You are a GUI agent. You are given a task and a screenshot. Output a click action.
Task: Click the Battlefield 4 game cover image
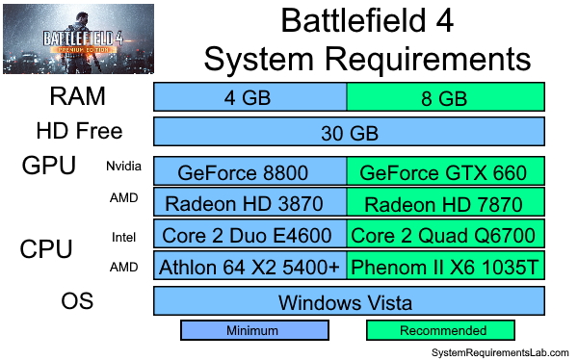point(77,39)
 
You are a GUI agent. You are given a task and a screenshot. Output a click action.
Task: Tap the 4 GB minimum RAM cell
point(250,97)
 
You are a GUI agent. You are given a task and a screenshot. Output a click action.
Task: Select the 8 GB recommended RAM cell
point(445,97)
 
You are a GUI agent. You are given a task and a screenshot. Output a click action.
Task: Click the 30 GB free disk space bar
point(349,132)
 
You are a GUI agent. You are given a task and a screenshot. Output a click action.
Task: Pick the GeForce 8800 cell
point(250,172)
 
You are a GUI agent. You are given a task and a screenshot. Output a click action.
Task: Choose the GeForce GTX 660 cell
point(445,172)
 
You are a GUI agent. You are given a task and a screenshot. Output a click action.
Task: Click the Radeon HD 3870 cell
point(250,203)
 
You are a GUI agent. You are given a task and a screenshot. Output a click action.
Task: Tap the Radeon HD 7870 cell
point(445,203)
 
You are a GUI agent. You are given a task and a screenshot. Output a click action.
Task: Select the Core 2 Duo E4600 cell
point(250,235)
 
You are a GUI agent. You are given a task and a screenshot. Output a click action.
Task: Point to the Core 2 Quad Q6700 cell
point(445,235)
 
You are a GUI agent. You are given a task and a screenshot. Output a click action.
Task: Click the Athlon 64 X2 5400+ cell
point(250,266)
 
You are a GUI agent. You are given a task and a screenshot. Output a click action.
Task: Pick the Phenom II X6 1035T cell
point(445,266)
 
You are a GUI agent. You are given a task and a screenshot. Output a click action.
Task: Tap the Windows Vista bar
point(349,301)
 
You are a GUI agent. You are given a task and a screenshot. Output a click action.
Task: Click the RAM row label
point(77,97)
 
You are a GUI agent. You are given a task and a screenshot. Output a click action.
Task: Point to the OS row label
point(77,300)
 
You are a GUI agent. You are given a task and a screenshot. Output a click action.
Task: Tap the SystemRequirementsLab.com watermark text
point(499,351)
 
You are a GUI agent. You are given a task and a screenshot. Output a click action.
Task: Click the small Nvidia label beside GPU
point(123,167)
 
